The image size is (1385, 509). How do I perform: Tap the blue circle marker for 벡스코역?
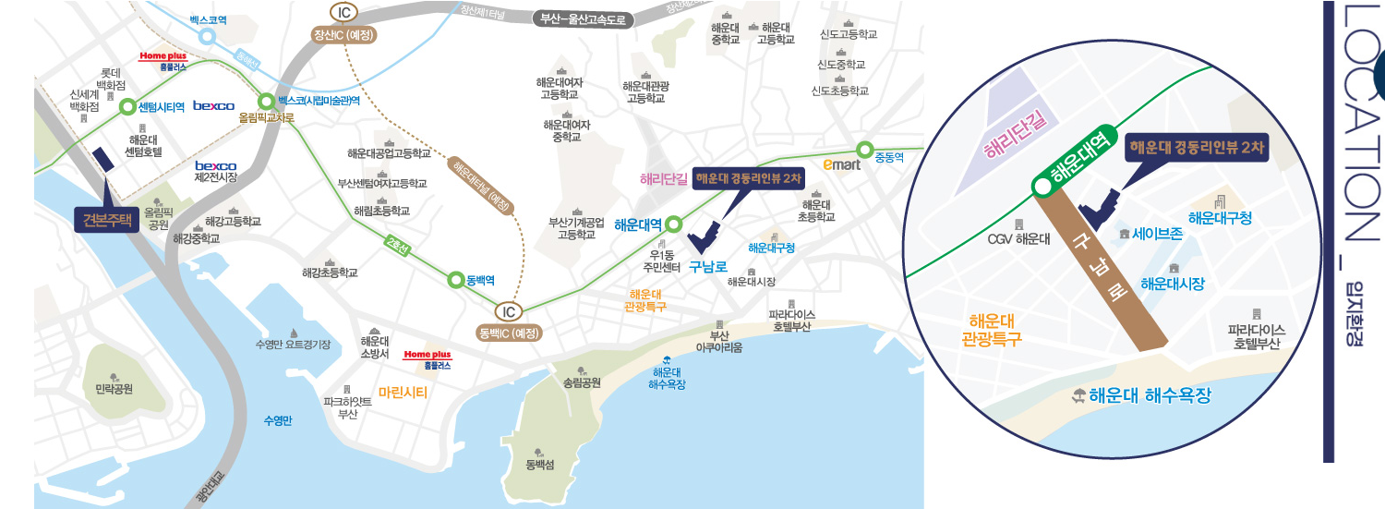207,37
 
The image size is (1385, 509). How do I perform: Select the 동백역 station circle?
455,279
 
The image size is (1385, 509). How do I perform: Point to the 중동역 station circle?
865,149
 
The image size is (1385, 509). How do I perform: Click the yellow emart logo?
841,164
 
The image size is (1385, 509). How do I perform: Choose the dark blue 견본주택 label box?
106,220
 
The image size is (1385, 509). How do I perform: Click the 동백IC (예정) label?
510,333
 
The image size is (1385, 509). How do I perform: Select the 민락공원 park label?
114,389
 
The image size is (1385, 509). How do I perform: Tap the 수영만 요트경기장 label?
293,345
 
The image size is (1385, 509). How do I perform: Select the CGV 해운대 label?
1018,238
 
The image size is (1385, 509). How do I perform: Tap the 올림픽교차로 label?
266,118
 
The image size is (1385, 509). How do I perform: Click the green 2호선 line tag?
399,245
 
